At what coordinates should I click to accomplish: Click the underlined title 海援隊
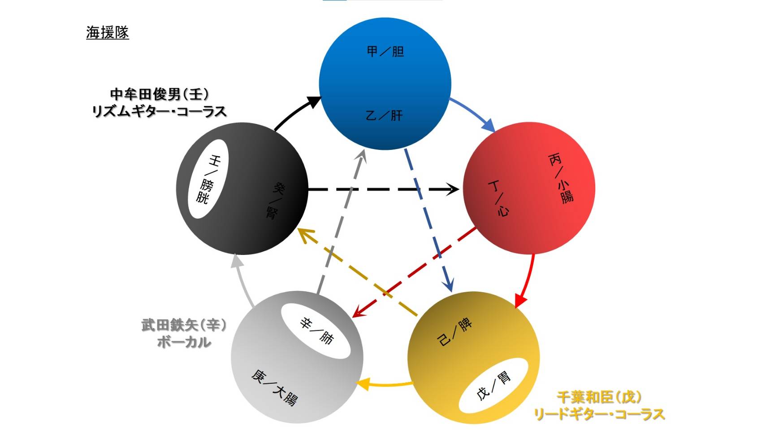pos(107,33)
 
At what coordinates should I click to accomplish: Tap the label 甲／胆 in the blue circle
pos(385,52)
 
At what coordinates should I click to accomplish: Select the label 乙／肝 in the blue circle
pos(384,116)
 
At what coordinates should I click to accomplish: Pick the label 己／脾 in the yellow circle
pos(454,333)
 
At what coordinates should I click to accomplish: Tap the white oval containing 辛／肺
pos(316,331)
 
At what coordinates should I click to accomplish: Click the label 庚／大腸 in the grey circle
pos(274,387)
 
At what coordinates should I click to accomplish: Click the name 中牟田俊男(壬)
pos(159,94)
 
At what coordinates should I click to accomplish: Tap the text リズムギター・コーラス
pos(159,111)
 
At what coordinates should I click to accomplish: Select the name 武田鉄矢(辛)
pos(184,325)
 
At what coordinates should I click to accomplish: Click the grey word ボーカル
pos(184,342)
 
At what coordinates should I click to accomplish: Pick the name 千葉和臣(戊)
pos(599,397)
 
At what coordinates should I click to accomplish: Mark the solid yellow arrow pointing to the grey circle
pos(385,385)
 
